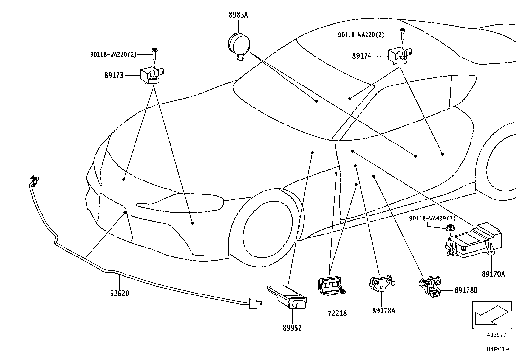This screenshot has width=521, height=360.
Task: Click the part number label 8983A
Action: [x=238, y=15]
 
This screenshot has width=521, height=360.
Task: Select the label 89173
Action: [x=114, y=75]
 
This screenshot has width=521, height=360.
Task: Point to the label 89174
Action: [x=362, y=56]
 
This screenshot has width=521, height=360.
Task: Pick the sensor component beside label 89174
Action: [x=400, y=56]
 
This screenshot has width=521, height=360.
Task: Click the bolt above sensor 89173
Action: [x=154, y=54]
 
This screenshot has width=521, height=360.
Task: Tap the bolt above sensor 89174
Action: [x=402, y=34]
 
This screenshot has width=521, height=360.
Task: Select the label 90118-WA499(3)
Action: [x=432, y=218]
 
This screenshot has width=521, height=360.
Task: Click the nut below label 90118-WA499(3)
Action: [x=450, y=228]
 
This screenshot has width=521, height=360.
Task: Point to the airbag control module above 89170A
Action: [x=474, y=240]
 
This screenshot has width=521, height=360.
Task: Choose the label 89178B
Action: [x=466, y=290]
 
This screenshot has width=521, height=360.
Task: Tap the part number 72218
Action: [x=337, y=313]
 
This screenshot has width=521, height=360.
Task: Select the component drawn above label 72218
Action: [x=332, y=286]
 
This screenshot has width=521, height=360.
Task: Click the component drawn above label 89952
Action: [x=287, y=297]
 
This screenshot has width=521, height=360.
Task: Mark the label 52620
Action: [x=119, y=294]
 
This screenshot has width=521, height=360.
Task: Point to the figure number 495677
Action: [x=496, y=335]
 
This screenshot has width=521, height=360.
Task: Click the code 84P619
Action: [x=497, y=349]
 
